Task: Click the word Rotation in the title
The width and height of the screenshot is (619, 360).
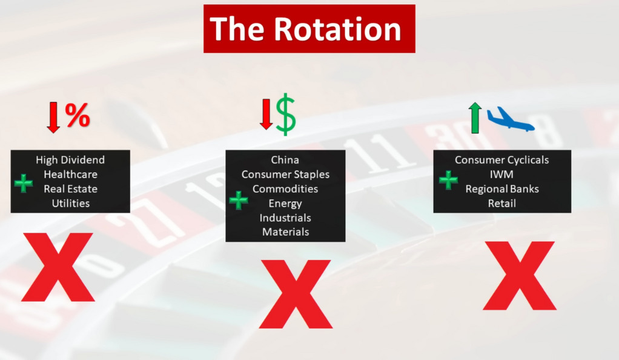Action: pyautogui.click(x=338, y=29)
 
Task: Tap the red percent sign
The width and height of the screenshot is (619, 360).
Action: pyautogui.click(x=78, y=115)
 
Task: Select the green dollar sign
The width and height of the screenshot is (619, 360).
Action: pyautogui.click(x=286, y=115)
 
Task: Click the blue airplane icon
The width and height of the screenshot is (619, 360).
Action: pyautogui.click(x=511, y=119)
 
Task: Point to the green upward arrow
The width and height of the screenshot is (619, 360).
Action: pyautogui.click(x=475, y=118)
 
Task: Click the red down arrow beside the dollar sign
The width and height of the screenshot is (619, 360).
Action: pyautogui.click(x=266, y=114)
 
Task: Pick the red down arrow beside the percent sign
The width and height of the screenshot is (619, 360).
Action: pyautogui.click(x=53, y=117)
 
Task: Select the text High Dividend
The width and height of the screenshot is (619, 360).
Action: pyautogui.click(x=70, y=160)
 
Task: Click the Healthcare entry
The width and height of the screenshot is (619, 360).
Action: pyautogui.click(x=70, y=175)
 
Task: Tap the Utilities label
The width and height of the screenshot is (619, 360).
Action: pyautogui.click(x=71, y=203)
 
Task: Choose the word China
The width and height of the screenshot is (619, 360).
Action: pyautogui.click(x=285, y=160)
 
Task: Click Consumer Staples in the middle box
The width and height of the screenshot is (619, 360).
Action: pyautogui.click(x=285, y=175)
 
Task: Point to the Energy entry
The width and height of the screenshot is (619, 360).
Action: pyautogui.click(x=285, y=204)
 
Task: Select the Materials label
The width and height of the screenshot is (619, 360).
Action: pyautogui.click(x=285, y=232)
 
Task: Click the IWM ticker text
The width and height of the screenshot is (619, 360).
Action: pyautogui.click(x=501, y=175)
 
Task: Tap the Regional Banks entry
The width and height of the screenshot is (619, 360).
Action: pyautogui.click(x=502, y=189)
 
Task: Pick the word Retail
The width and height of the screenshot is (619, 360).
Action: pyautogui.click(x=501, y=203)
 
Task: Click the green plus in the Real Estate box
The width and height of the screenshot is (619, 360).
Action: pyautogui.click(x=24, y=183)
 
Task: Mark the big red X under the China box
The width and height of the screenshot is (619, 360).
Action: pyautogui.click(x=296, y=294)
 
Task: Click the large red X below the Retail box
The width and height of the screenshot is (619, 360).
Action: pyautogui.click(x=520, y=275)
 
